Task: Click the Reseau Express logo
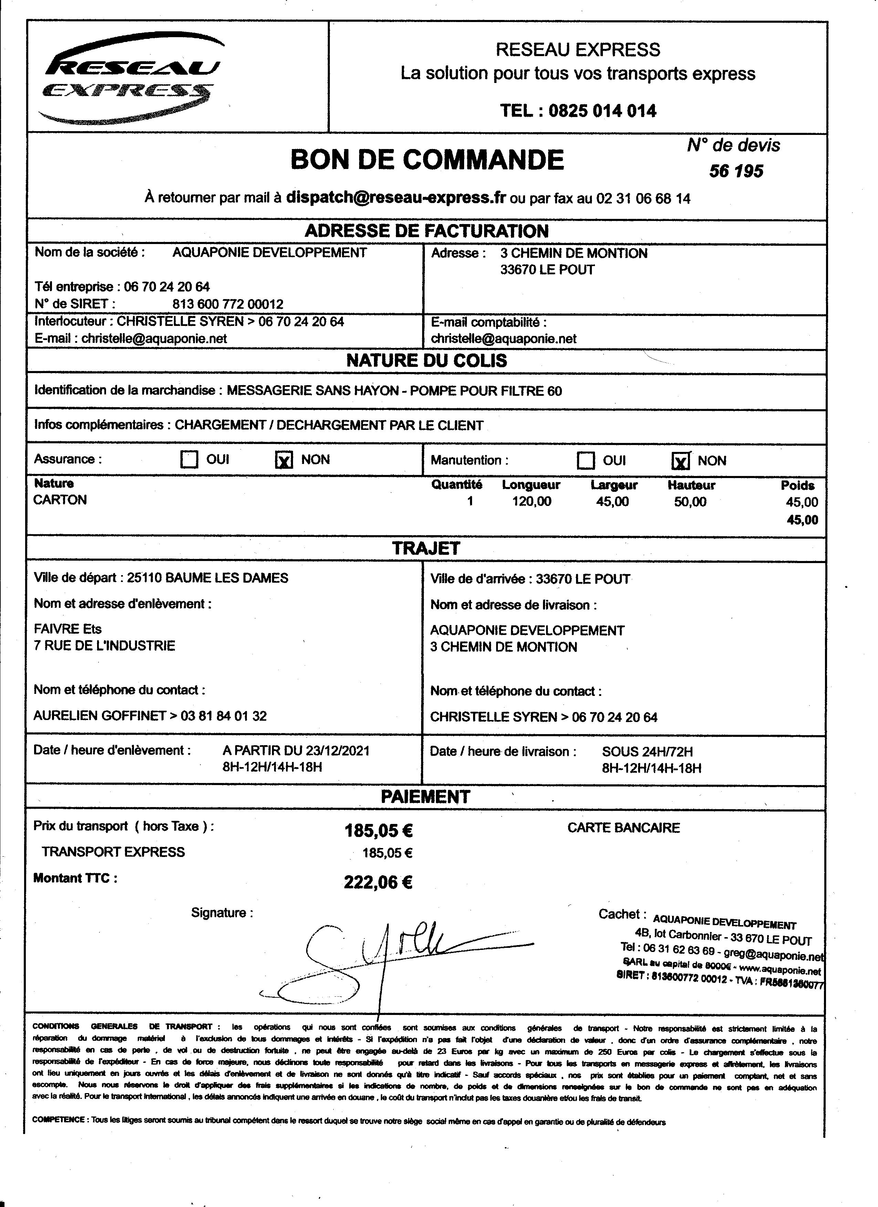130,80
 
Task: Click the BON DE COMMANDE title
427,160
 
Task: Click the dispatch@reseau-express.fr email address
396,198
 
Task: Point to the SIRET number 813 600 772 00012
228,304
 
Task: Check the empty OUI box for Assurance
189,459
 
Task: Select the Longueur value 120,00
531,501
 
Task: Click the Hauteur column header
691,485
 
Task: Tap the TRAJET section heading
426,549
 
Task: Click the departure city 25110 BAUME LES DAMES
208,578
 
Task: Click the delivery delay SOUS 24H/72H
647,752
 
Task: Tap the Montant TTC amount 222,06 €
378,883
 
